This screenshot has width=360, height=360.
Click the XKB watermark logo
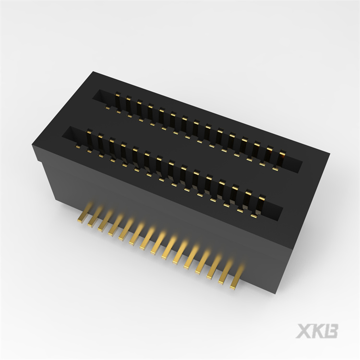[317, 331]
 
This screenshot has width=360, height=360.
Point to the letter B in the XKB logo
[331, 331]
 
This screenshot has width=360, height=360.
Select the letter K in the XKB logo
[317, 331]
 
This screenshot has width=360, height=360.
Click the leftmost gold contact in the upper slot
[117, 101]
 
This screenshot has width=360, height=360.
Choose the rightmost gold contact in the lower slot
[261, 200]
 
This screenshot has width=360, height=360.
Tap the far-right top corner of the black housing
[329, 153]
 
